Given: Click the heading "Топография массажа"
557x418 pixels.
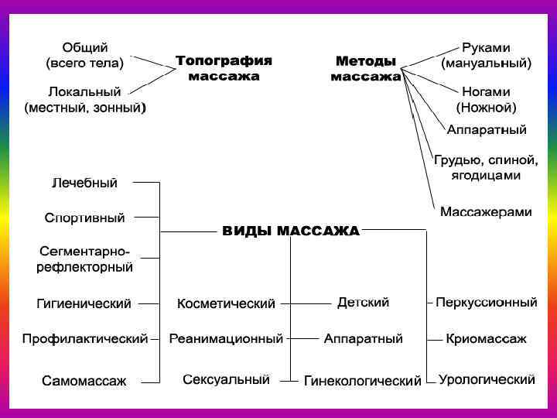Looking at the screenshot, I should point(224,68).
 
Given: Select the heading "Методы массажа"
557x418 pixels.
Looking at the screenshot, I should point(366,68).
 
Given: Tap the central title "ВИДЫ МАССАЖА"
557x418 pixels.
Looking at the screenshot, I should point(291,231).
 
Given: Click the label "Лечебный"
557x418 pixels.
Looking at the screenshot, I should point(85,183).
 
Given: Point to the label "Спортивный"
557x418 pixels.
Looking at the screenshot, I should point(84,218).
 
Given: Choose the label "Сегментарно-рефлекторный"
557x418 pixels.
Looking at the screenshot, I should point(85,259).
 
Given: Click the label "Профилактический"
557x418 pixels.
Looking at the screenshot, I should point(85,339).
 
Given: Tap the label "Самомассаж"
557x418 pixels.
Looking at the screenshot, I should point(84,381).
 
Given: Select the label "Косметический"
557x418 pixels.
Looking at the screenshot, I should point(226,303).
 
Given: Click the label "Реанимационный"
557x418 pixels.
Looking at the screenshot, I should point(226,339).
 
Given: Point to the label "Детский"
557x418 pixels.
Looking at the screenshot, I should point(363,303).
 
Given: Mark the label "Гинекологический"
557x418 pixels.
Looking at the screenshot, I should point(363,381).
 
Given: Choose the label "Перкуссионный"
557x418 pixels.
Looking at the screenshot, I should point(486,303).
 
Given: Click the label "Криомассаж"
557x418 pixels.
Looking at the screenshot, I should point(486,339).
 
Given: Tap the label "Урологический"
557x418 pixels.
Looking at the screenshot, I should point(487,380).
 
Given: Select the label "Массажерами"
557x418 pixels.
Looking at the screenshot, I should point(486,211).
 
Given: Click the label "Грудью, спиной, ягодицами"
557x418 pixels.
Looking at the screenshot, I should point(486,168).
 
